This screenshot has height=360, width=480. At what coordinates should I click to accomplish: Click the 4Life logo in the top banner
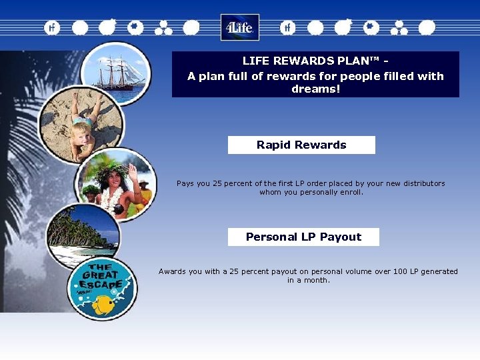pyautogui.click(x=239, y=27)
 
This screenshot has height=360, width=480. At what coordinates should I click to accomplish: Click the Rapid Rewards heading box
pyautogui.click(x=301, y=145)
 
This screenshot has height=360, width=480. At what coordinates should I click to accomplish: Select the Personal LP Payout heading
pyautogui.click(x=303, y=237)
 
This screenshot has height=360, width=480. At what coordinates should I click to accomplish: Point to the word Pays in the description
pyautogui.click(x=186, y=183)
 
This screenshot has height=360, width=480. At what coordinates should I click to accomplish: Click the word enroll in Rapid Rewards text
pyautogui.click(x=351, y=192)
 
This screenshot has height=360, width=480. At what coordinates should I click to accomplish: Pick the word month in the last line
pyautogui.click(x=317, y=280)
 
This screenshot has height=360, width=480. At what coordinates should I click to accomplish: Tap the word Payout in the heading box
pyautogui.click(x=341, y=237)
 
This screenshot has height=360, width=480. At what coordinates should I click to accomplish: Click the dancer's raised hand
pyautogui.click(x=132, y=170)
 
